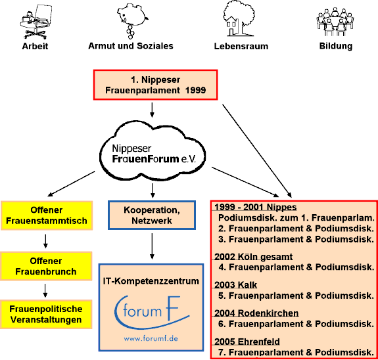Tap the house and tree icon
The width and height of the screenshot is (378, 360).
click(239, 19)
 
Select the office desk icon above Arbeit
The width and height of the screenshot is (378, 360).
click(36, 22)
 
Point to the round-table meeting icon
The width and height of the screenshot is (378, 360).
click(335, 22)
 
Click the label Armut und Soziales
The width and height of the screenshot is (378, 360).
click(131, 46)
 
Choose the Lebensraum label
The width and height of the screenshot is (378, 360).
click(241, 46)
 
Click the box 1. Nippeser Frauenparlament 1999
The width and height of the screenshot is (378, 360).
click(156, 85)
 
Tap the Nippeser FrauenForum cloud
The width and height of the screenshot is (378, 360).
click(153, 150)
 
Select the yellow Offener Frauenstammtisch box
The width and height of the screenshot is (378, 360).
click(47, 215)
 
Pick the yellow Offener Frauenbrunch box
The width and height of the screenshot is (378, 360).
click(46, 266)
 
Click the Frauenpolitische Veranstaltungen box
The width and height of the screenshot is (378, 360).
click(46, 314)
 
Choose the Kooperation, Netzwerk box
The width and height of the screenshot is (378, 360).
click(152, 215)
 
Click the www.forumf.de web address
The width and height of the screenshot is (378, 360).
click(151, 338)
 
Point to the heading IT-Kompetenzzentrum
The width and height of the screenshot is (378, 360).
click(151, 281)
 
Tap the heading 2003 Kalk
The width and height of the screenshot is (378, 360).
click(235, 285)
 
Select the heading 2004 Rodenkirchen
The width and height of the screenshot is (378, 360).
click(256, 313)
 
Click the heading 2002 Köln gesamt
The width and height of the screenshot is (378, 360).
click(253, 257)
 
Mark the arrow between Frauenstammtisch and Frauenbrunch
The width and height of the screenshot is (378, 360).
click(45, 241)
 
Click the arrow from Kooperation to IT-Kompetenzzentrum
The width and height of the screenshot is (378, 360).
click(152, 246)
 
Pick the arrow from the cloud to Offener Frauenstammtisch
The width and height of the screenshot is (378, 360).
click(72, 184)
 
